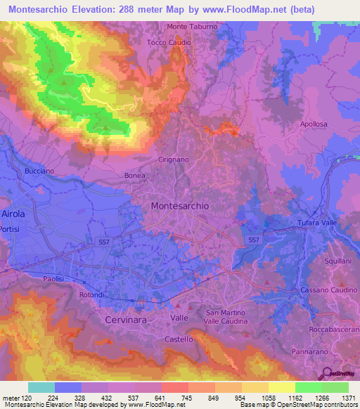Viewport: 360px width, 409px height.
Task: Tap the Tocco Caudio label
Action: click(169, 42)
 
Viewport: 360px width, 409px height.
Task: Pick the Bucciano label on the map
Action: click(39, 171)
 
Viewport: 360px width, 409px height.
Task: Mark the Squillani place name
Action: click(337, 260)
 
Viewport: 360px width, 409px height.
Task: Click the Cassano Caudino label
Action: click(326, 290)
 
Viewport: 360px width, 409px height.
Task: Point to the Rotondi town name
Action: click(92, 294)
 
